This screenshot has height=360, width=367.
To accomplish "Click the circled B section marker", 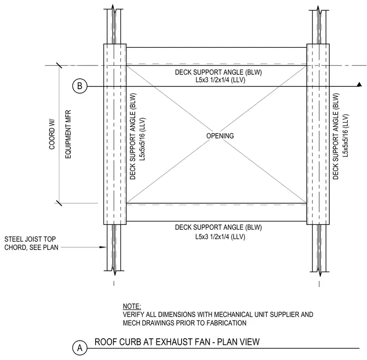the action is click(80, 86).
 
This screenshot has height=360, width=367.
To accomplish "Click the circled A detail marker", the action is click(80, 348).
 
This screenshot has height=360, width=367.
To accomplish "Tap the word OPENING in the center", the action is click(220, 136).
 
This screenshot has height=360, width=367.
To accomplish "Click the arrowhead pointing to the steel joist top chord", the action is click(103, 247).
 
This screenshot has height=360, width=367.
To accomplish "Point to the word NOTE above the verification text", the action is click(132, 306).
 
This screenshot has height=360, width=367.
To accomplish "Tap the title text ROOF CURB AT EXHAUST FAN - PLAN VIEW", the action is click(177, 342).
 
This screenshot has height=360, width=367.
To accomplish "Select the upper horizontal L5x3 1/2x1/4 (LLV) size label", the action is click(220, 80).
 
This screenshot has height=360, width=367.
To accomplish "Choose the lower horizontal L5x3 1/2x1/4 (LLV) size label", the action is click(220, 237).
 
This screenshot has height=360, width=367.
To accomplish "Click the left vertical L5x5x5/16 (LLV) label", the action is click(142, 139).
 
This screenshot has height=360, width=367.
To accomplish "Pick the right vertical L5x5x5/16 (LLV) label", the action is click(345, 136).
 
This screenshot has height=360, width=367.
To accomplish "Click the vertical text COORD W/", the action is click(52, 135).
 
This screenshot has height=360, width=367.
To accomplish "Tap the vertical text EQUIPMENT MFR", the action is click(68, 134).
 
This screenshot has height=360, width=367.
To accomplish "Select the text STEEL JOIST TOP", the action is click(30, 239).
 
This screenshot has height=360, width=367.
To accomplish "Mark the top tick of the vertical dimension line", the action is click(59, 65).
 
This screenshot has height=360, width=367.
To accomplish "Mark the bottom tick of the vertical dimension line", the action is click(59, 203).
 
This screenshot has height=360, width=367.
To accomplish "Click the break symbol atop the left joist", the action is click(113, 9).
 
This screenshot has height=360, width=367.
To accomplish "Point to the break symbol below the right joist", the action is click(319, 272).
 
